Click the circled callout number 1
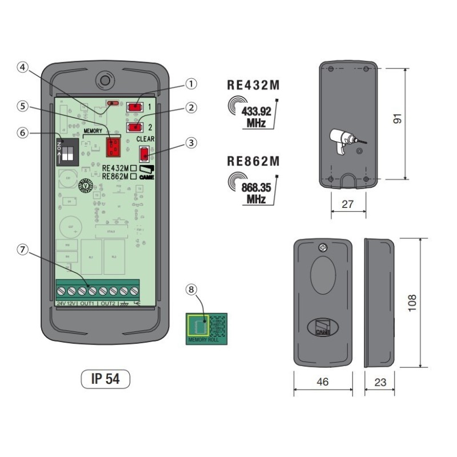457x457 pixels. pos(191,83)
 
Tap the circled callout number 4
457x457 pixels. pos(22,67)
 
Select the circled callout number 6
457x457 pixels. pos(22,132)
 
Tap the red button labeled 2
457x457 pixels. pos(135,126)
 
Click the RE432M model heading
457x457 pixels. pos(254,85)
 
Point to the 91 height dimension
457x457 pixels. pos(415,119)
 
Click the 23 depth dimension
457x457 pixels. pos(380,382)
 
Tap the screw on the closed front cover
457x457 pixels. pos(322,248)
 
